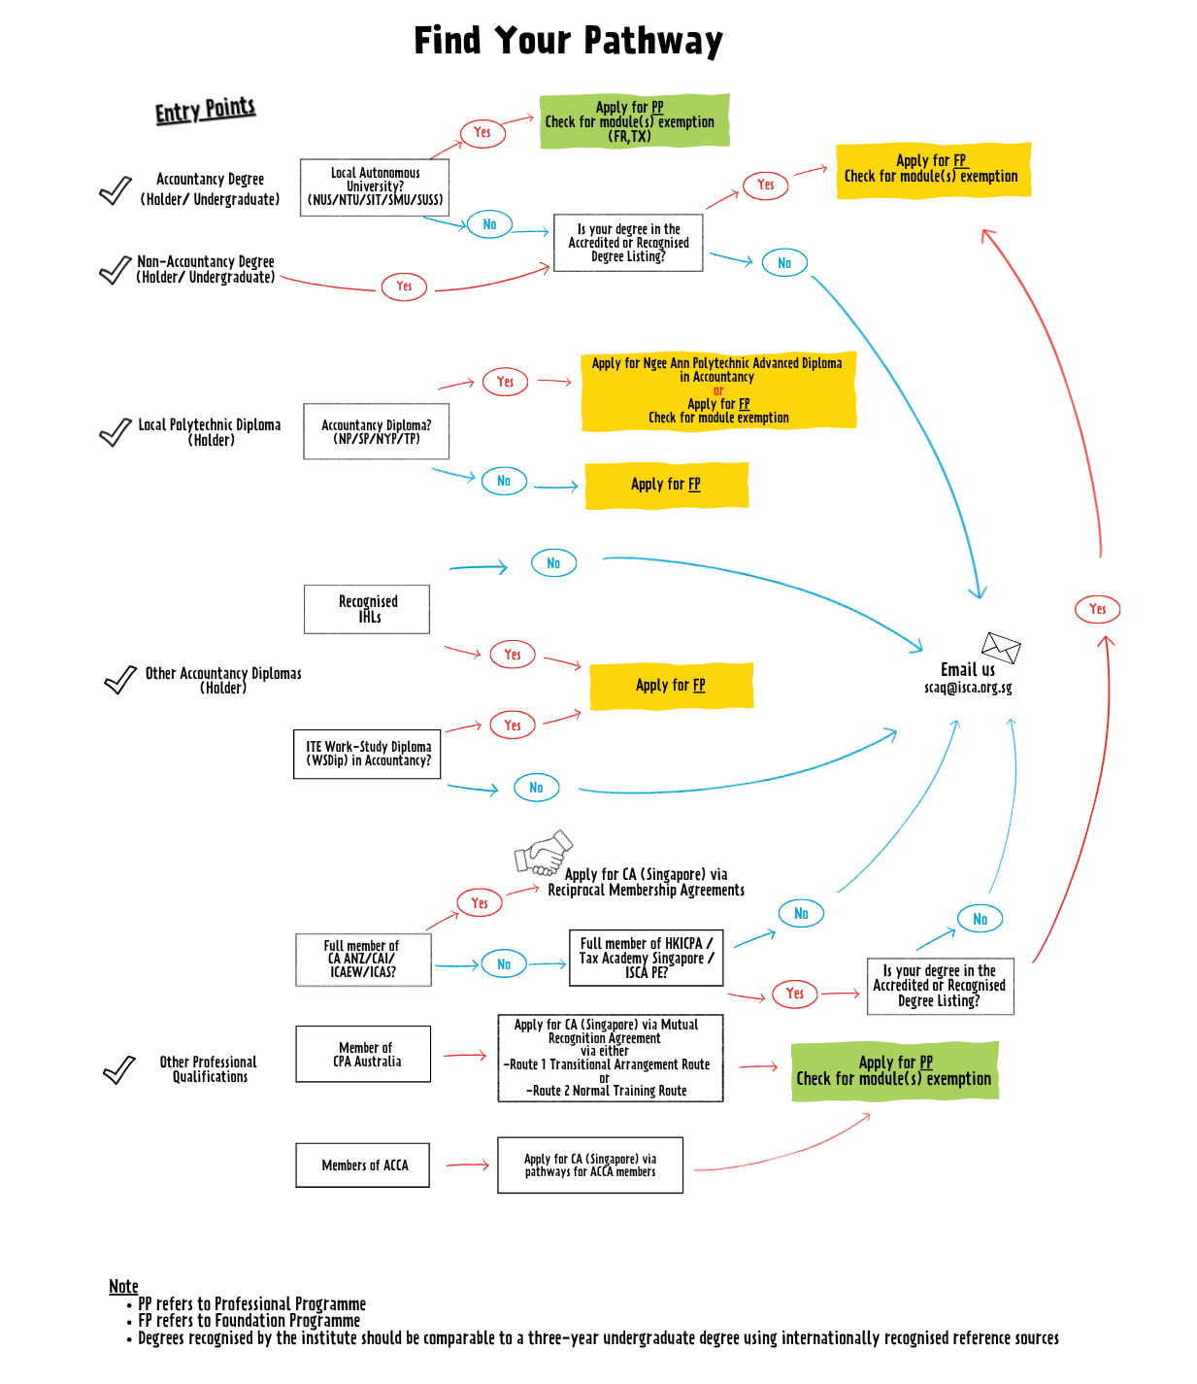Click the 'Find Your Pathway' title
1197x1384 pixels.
click(x=568, y=41)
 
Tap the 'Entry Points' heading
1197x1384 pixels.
click(x=205, y=110)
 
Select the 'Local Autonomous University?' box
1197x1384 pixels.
click(x=375, y=187)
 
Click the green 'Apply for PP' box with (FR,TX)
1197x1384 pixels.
click(x=633, y=121)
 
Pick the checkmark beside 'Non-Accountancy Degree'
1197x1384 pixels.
click(x=115, y=270)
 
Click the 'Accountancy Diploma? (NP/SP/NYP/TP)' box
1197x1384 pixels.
click(x=376, y=431)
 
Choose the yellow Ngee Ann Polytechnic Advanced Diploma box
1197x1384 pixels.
click(x=717, y=390)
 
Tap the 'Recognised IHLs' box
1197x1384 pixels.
click(x=367, y=609)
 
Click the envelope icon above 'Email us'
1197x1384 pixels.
click(x=1000, y=647)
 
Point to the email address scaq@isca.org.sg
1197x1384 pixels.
click(x=967, y=688)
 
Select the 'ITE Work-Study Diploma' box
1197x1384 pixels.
click(x=367, y=754)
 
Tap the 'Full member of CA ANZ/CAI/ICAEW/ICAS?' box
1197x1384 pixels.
click(x=362, y=960)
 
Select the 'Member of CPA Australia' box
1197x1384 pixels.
click(x=363, y=1054)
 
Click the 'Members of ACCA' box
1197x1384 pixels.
click(x=363, y=1165)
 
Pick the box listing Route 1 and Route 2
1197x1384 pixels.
click(x=610, y=1058)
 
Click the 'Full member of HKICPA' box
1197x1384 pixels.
click(x=646, y=958)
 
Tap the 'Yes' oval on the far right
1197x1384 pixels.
click(x=1097, y=609)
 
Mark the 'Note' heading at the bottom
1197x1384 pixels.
click(x=123, y=1286)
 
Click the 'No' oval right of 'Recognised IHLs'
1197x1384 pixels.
click(x=553, y=563)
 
